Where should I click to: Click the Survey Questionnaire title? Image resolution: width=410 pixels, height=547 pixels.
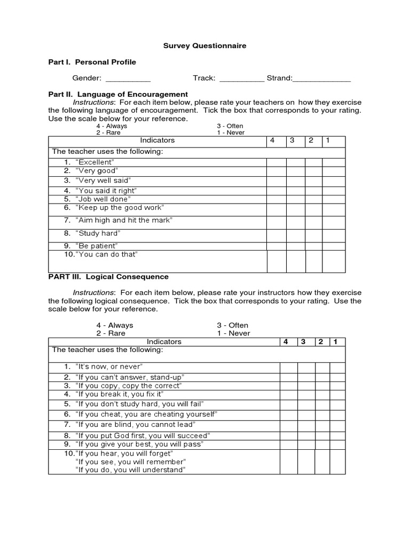coord(204,46)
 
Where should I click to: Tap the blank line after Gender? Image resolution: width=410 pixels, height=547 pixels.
coord(128,79)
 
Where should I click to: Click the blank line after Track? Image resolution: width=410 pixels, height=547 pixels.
coord(242,79)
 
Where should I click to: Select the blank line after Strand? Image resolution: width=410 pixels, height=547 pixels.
coord(322,79)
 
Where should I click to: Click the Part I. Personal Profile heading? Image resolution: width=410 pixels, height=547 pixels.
coord(92,62)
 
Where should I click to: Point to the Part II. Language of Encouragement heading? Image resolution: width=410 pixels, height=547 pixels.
coord(118,94)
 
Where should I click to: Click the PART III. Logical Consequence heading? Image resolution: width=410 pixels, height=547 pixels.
coord(108,277)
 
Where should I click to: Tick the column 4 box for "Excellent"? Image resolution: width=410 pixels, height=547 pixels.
coord(277,162)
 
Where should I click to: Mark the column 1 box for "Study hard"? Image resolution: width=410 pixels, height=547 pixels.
coord(334,234)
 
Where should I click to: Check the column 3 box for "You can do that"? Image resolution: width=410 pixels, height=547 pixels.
coord(295,261)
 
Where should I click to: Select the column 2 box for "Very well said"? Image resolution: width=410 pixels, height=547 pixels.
coord(313,181)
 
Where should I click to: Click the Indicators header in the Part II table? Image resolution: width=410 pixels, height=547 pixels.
coord(157,140)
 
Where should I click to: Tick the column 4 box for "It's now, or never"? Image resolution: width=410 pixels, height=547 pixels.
coord(288,367)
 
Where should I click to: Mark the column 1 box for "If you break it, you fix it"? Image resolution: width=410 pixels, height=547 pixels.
coord(337,394)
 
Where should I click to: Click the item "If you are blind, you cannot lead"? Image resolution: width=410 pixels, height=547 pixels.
coord(135,425)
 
